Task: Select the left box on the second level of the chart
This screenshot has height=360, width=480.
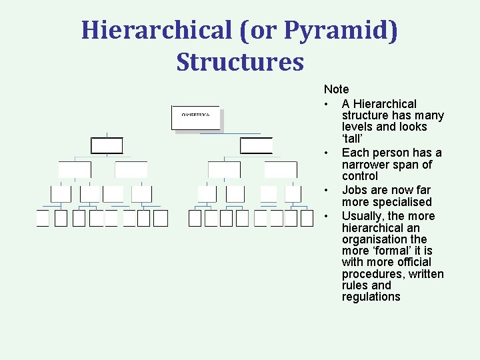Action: (107, 146)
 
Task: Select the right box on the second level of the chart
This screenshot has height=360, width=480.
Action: (256, 146)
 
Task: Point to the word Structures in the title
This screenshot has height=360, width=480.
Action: (240, 62)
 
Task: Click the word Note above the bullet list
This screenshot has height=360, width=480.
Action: (336, 89)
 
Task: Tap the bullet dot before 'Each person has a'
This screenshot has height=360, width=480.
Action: (327, 153)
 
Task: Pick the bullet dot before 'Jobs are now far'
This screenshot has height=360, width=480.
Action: (327, 191)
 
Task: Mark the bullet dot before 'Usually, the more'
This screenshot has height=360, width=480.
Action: (327, 217)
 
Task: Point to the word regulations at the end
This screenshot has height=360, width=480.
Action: (371, 297)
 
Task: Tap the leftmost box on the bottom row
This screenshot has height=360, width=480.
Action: (43, 219)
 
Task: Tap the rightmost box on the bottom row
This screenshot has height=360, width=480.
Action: (307, 219)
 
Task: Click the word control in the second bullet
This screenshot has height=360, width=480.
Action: (359, 176)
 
